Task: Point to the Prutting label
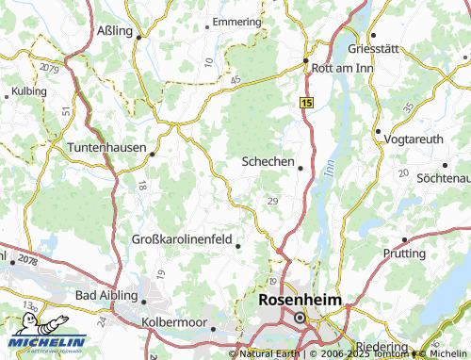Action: point(405,253)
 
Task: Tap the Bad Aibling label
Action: point(106,295)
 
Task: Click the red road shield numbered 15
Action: point(307,100)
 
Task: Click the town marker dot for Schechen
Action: point(300,169)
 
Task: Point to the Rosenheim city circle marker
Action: point(300,318)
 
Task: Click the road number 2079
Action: point(49,70)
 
